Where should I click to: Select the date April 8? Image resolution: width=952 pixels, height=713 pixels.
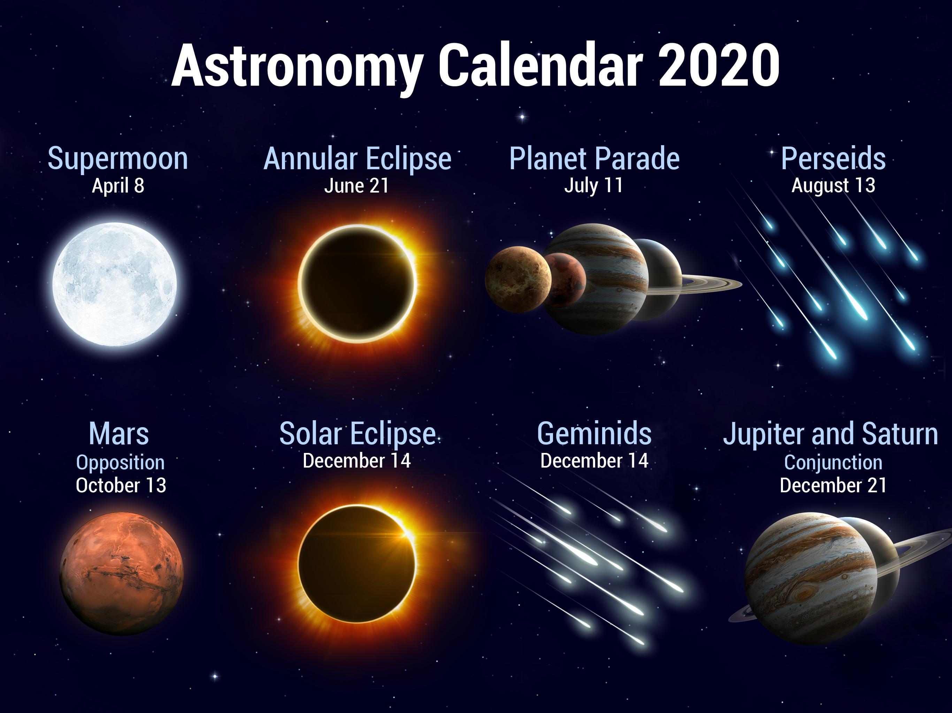click(118, 186)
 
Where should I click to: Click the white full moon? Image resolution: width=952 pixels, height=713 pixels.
click(115, 284)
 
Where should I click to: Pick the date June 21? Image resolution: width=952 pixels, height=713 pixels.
click(356, 186)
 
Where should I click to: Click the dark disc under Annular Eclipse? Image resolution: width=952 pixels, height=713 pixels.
click(357, 283)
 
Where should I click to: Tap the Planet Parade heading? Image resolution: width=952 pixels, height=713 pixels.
click(594, 158)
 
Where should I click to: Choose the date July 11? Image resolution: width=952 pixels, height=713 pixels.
click(593, 186)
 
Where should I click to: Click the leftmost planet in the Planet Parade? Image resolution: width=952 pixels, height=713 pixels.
click(518, 279)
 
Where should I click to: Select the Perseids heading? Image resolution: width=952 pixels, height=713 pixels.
click(833, 158)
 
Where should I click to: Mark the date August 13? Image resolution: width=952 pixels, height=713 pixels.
click(833, 186)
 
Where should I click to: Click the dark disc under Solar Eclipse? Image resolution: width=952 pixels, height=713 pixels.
click(357, 563)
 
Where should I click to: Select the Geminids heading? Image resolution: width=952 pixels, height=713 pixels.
click(594, 433)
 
